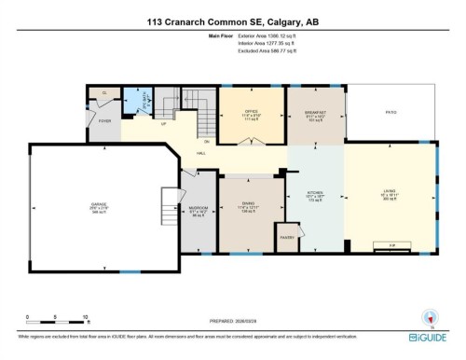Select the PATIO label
coord(391,111)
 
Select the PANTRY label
coord(286,238)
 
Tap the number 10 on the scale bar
coord(85,317)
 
